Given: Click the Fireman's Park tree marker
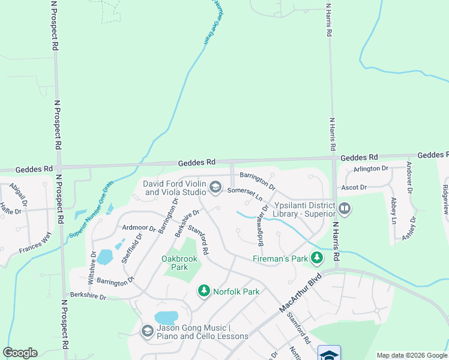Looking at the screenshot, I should point(316,259).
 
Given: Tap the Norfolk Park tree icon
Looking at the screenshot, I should point(204,291).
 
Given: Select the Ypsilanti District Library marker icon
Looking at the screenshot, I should point(345,209).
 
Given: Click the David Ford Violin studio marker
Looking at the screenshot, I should point(215,188).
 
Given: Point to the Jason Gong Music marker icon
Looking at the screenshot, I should point(147,331).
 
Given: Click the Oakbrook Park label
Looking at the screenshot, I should point(179,263).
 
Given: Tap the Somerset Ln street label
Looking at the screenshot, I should point(245,193).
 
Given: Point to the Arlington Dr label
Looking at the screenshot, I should point(371,169).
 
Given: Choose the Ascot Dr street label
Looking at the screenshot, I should point(354,188).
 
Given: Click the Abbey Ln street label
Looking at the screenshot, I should point(394,211).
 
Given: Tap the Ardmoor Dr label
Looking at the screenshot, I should point(139,228).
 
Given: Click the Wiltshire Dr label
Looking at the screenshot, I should point(94,266).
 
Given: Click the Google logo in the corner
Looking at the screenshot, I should point(20,353).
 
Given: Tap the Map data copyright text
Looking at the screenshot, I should point(411,355).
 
